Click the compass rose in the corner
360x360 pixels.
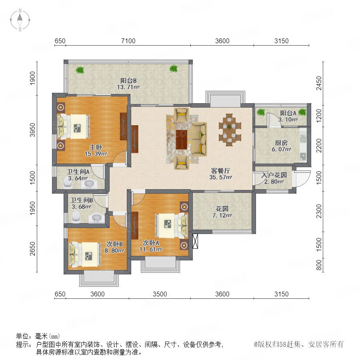[x=20, y=20]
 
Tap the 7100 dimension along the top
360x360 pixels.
[x=128, y=41]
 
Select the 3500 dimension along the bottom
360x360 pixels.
[x=160, y=294]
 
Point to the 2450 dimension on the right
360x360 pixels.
[x=319, y=83]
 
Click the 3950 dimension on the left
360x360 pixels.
[x=33, y=130]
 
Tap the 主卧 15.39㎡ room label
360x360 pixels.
[x=96, y=150]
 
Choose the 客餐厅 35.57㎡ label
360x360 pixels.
[x=221, y=174]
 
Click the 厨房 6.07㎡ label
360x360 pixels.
[x=282, y=146]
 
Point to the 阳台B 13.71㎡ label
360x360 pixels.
[x=128, y=84]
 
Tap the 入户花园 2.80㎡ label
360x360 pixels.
[x=274, y=178]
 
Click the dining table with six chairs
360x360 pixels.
[x=230, y=130]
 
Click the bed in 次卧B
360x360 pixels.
[x=85, y=254]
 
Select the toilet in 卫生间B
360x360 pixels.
[x=76, y=217]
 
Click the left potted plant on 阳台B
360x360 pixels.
[x=80, y=70]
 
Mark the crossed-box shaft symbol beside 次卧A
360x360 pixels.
[x=195, y=241]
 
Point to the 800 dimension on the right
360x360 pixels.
[x=319, y=266]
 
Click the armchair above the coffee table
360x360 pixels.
[x=182, y=114]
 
